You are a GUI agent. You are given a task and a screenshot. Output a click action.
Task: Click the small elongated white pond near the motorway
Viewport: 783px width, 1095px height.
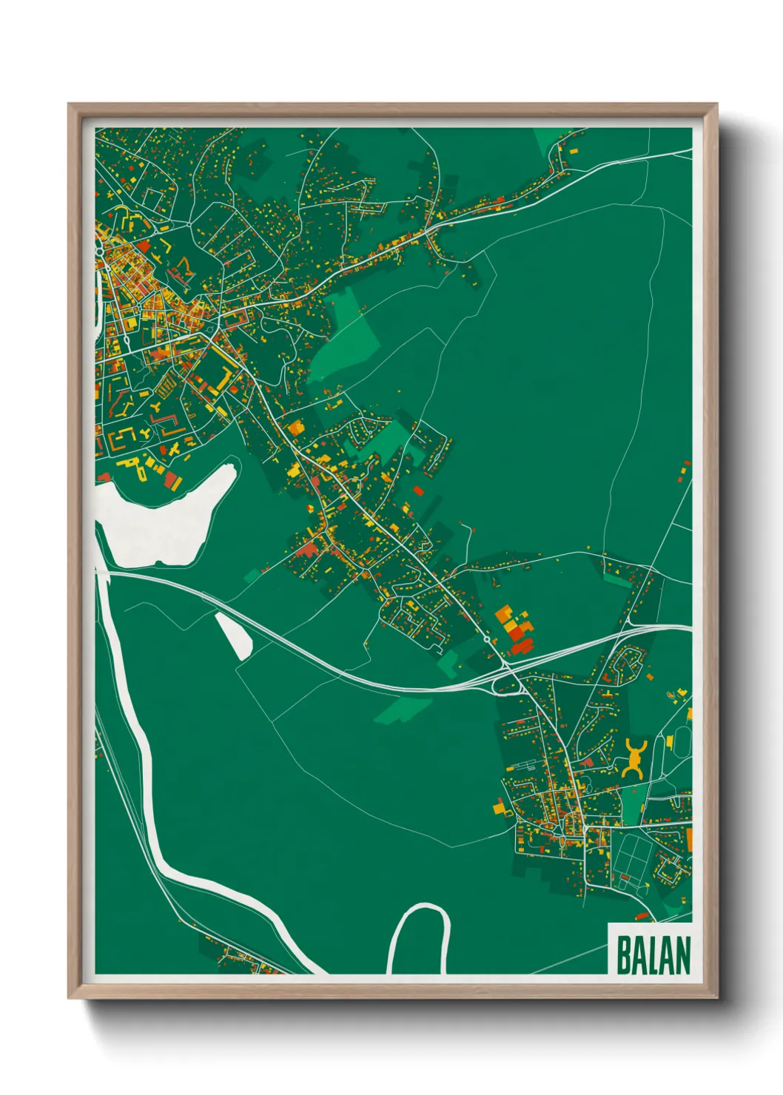(234, 635)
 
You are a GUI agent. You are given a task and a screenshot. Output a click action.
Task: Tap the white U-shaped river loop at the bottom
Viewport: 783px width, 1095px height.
(419, 936)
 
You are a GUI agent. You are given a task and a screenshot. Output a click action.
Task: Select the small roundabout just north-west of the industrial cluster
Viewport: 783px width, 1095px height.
(486, 639)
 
